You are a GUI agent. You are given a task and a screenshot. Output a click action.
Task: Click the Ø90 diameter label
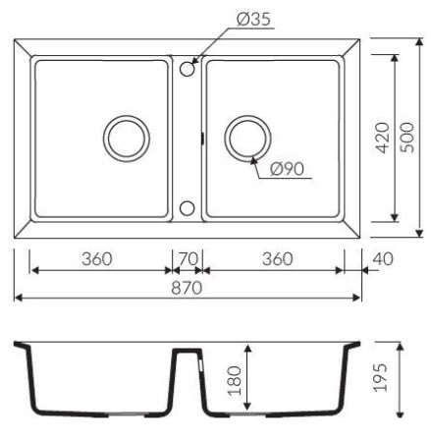click(286, 168)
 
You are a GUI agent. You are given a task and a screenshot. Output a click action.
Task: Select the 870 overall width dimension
click(188, 288)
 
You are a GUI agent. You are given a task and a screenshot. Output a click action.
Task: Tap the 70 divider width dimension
click(189, 259)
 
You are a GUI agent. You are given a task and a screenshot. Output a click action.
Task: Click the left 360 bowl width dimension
click(96, 259)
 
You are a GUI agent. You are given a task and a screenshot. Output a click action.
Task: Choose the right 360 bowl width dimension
click(278, 259)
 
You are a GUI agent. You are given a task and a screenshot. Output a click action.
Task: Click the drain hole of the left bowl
click(128, 138)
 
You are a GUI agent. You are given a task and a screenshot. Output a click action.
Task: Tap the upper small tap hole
click(188, 67)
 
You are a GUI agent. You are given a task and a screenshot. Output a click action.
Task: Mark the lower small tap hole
click(188, 208)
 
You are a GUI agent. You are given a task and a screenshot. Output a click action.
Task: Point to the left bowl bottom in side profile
click(98, 413)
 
